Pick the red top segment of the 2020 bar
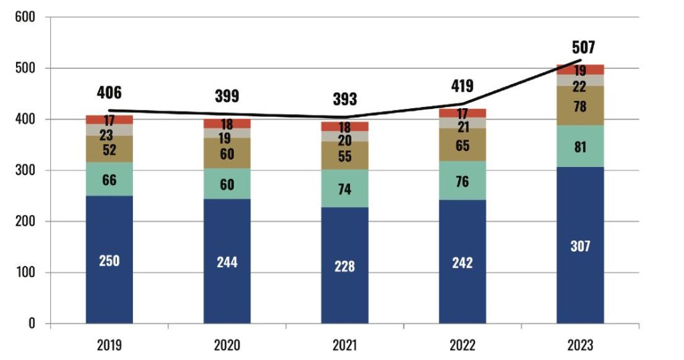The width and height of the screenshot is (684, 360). pyautogui.click(x=226, y=124)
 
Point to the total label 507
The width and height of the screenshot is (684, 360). pyautogui.click(x=583, y=47)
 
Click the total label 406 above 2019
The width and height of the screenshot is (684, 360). pyautogui.click(x=109, y=92)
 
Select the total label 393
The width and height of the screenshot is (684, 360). pyautogui.click(x=345, y=100)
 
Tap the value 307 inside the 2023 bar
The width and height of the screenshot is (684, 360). pyautogui.click(x=580, y=246)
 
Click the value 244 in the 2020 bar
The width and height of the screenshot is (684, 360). pyautogui.click(x=226, y=262)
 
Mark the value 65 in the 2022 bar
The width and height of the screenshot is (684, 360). pyautogui.click(x=462, y=142)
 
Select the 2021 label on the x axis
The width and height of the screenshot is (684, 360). pyautogui.click(x=345, y=345)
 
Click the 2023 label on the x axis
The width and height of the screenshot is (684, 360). pyautogui.click(x=580, y=345)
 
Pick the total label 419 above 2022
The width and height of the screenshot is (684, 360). pyautogui.click(x=462, y=85)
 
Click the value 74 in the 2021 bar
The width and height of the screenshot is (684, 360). pyautogui.click(x=345, y=188)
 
